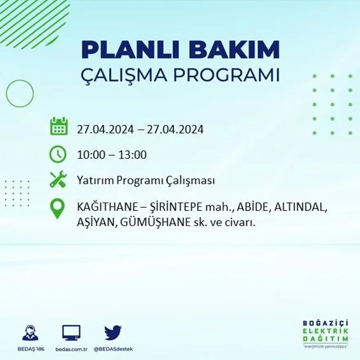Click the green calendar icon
pyautogui.click(x=59, y=126)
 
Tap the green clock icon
pyautogui.click(x=58, y=154)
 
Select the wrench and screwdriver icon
pyautogui.click(x=58, y=179)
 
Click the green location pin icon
pyautogui.click(x=57, y=208)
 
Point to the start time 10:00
pyautogui.click(x=91, y=155)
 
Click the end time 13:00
pyautogui.click(x=133, y=155)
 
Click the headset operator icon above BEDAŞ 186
pyautogui.click(x=30, y=333)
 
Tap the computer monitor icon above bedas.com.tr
pyautogui.click(x=71, y=333)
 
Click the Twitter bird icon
pyautogui.click(x=113, y=333)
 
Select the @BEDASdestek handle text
pyautogui.click(x=113, y=349)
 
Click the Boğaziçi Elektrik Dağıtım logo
pyautogui.click(x=325, y=333)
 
